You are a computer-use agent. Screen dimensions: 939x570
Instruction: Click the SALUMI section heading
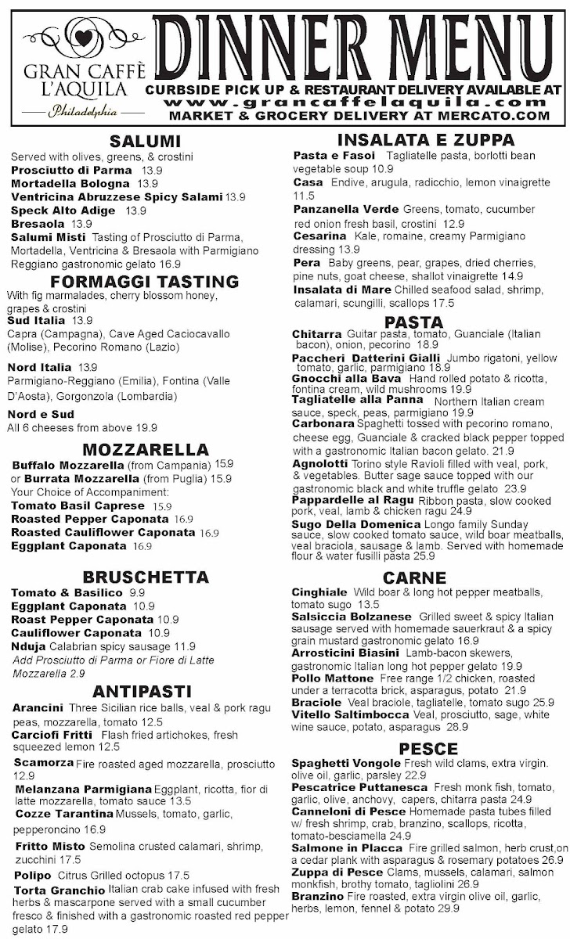[x=146, y=142]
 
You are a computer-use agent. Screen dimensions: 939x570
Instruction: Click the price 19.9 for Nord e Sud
[x=146, y=427]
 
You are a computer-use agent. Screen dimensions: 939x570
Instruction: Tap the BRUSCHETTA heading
[x=146, y=577]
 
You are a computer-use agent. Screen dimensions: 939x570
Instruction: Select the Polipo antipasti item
[x=33, y=875]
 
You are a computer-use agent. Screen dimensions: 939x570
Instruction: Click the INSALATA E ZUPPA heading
[x=426, y=140]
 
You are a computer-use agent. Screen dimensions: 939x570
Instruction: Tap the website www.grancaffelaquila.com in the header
[x=366, y=102]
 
